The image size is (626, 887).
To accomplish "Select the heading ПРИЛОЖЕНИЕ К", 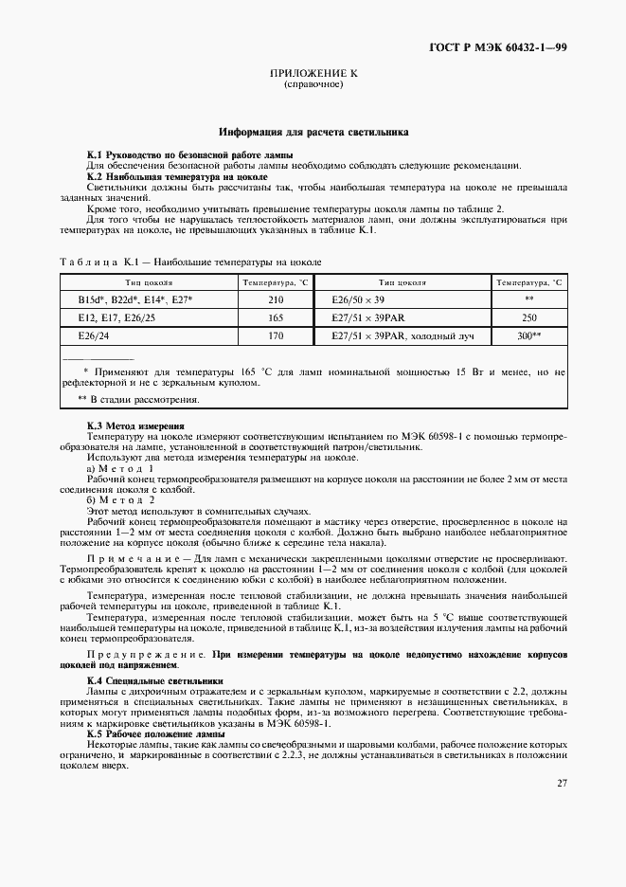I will (313, 73).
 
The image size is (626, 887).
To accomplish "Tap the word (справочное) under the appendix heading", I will (313, 84).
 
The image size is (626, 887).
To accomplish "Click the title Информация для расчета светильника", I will (313, 134).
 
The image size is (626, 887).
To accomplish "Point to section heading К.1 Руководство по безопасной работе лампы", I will (189, 154).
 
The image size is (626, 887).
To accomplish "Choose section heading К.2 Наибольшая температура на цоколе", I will (177, 176).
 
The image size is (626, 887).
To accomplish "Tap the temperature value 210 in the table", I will (276, 299).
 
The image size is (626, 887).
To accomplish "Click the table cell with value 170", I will (276, 335).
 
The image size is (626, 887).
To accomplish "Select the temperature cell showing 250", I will (529, 317).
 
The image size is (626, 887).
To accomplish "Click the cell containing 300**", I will (529, 335).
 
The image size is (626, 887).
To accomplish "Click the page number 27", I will (562, 782).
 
